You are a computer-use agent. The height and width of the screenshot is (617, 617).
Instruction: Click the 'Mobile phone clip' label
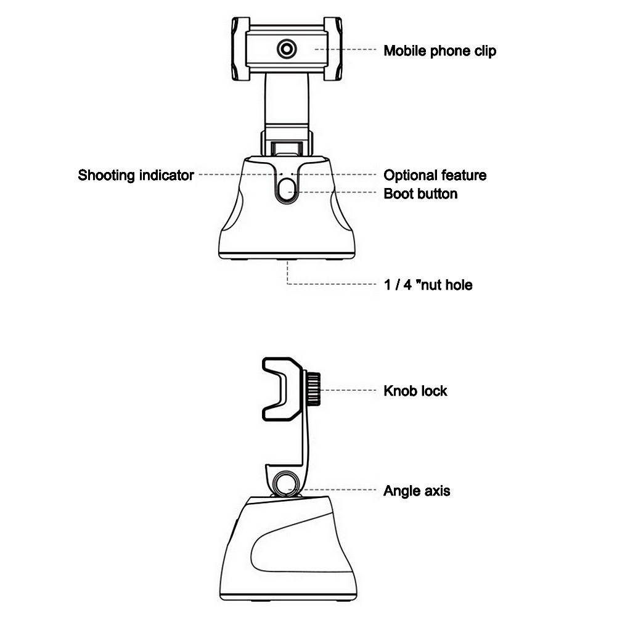439,51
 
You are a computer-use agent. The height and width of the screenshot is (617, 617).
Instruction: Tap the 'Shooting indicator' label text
136,176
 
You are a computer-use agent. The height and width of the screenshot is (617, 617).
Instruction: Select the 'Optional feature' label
435,176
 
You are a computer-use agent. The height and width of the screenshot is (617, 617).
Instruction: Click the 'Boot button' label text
420,194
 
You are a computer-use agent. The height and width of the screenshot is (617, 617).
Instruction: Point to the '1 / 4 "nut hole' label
428,285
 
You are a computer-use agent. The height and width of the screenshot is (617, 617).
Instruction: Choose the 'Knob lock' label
415,391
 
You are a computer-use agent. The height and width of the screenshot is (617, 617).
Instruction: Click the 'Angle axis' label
417,491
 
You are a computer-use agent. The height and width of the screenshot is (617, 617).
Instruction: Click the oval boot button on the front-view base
287,191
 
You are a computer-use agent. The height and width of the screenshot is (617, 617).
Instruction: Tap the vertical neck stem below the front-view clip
287,102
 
